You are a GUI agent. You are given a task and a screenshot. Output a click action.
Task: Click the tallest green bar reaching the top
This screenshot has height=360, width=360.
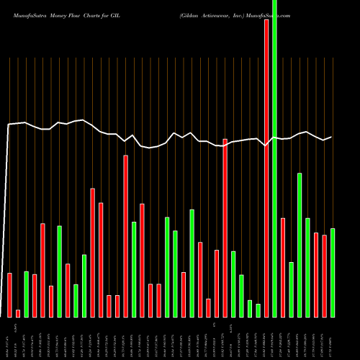tap(274, 158)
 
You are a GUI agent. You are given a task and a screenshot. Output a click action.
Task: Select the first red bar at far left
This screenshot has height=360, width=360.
tap(9, 294)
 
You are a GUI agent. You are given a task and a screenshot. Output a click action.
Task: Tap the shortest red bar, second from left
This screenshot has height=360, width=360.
tap(18, 312)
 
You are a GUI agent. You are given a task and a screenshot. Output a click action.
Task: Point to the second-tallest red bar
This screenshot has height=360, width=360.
tap(225, 228)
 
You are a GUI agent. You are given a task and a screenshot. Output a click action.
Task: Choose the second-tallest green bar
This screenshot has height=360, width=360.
tap(299, 245)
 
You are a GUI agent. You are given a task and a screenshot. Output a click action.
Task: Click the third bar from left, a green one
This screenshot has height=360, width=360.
tap(26, 294)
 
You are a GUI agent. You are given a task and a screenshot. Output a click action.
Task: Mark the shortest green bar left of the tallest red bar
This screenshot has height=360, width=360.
tap(258, 310)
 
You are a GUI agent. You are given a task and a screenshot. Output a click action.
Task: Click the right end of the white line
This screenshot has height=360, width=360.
tap(331, 137)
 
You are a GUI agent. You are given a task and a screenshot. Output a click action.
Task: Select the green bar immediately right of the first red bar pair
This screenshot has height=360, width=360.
tap(26, 294)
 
